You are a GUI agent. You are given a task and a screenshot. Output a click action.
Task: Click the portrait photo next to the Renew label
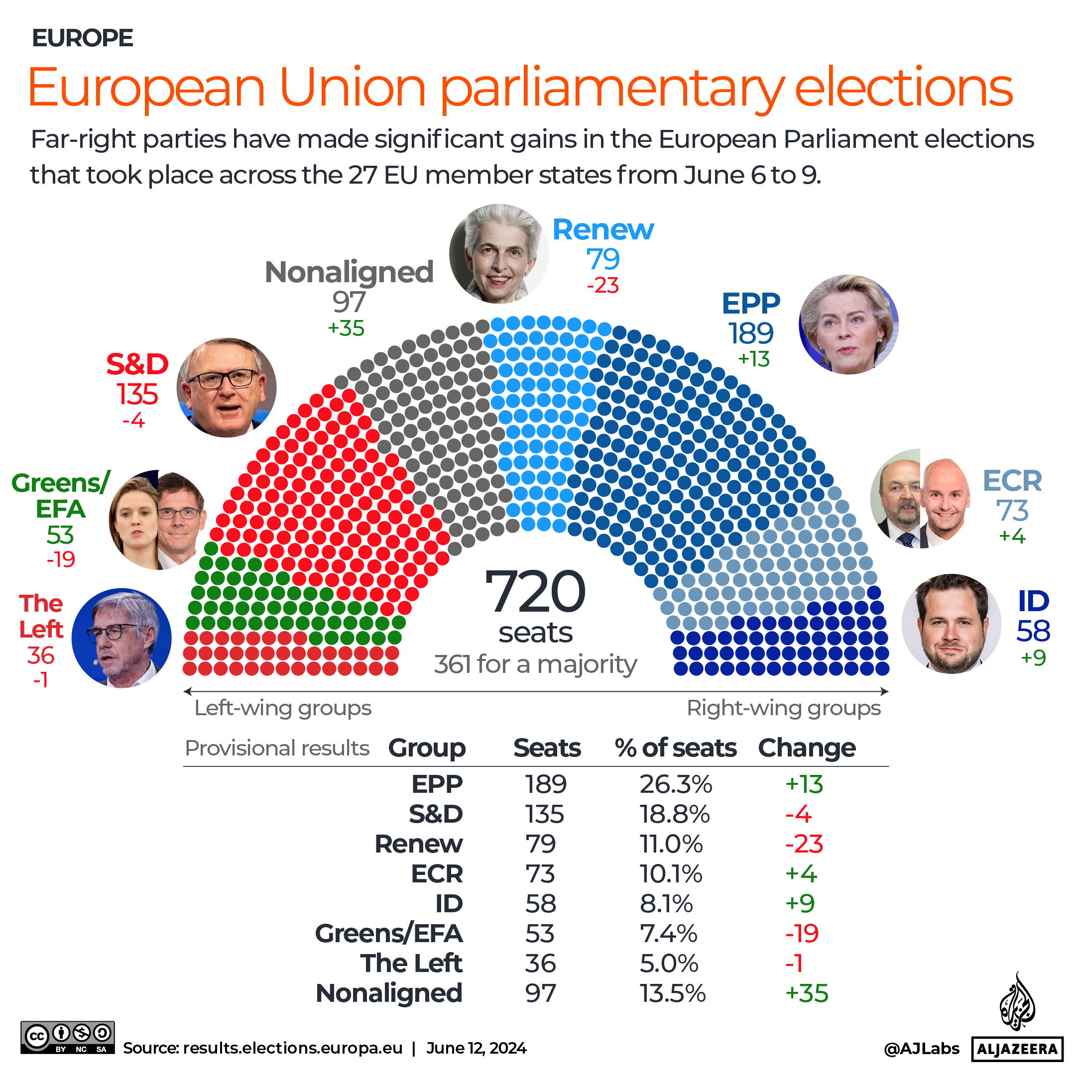coord(498,254)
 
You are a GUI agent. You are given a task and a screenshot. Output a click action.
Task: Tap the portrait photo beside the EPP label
coord(848,324)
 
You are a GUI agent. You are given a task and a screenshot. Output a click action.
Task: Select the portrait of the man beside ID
coord(951,624)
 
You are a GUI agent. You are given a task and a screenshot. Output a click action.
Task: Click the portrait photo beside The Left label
coord(121,638)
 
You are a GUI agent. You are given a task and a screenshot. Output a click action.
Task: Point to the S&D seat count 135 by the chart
coord(137,394)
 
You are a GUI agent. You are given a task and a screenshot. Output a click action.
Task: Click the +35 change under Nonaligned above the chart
coord(346,328)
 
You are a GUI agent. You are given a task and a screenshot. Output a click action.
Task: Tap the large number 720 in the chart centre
coord(535,592)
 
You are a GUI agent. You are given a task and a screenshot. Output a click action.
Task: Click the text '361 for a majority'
coord(535,664)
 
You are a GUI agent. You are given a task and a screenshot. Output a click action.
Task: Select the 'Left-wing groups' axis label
coord(282,708)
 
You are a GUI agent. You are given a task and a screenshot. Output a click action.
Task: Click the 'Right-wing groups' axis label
coord(783,708)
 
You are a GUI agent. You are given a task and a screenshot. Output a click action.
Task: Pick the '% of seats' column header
coord(675,748)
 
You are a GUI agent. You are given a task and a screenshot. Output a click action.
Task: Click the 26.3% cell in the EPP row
coord(676,784)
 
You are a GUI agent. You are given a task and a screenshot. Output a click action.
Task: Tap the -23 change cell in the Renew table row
coord(804,844)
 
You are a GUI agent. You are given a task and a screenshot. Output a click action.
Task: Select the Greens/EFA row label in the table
coord(389,934)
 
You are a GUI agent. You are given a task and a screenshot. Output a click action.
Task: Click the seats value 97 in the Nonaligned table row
coord(540,994)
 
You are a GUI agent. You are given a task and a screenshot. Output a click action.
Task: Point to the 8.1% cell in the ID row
coord(666,903)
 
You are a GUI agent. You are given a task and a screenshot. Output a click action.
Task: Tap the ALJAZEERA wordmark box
coord(1017,1050)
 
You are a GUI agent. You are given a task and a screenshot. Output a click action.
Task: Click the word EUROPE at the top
coord(83,38)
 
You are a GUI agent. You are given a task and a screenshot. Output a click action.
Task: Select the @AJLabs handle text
coord(921,1049)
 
